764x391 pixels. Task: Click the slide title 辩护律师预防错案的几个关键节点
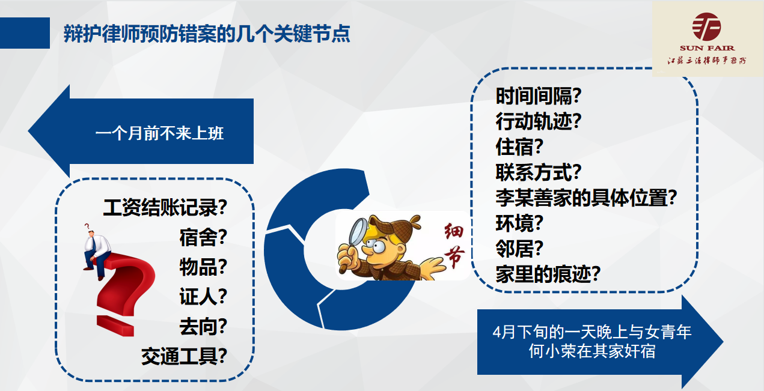coord(207,34)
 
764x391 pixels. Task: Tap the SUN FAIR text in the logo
coord(707,48)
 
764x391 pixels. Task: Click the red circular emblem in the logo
coord(706,26)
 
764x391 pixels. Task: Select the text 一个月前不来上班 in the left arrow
coord(159,133)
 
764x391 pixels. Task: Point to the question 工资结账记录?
coord(165,207)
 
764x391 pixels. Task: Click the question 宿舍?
coord(203,237)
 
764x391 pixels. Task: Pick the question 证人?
coord(203,297)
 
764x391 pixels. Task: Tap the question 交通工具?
coord(184,356)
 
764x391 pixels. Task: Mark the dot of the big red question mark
coord(115,326)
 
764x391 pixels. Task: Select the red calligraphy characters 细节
coord(454,245)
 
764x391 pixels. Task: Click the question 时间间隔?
coord(538,95)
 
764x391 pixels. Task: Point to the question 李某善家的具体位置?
coord(586,198)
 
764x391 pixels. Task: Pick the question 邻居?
coord(519,248)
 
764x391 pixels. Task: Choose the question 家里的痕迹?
coord(548,274)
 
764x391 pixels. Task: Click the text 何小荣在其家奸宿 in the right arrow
coord(592,351)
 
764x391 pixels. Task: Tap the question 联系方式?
coord(538,172)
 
